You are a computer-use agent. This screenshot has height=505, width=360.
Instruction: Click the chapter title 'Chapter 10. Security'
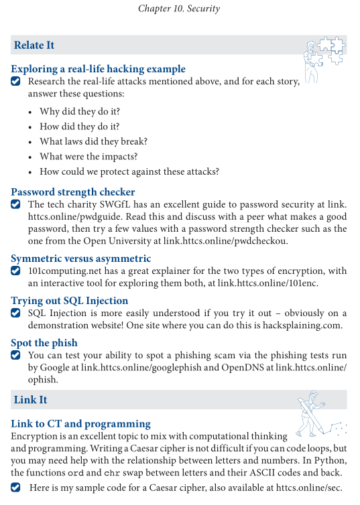pos(179,9)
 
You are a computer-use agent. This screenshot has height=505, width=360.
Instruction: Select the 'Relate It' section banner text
pos(34,46)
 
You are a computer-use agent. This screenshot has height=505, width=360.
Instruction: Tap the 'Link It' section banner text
pos(30,400)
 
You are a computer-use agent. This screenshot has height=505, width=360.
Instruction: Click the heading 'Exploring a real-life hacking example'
pos(98,68)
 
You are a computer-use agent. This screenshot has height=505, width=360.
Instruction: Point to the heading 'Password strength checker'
pos(73,192)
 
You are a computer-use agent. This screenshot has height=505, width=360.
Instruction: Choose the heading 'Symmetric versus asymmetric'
pos(81,258)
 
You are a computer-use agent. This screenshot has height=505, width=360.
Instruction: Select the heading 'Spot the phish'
pos(44,343)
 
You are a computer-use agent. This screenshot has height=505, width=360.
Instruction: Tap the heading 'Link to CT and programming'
pos(80,423)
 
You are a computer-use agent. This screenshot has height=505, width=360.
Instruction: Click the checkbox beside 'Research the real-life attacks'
pos(16,82)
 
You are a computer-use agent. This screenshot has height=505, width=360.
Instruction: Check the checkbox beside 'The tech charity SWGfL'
pos(16,204)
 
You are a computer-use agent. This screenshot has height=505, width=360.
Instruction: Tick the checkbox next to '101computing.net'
pos(16,271)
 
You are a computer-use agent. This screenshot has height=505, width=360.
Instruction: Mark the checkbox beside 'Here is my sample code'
pos(16,488)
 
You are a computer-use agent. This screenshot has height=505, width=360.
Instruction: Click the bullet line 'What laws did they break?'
pos(93,141)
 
